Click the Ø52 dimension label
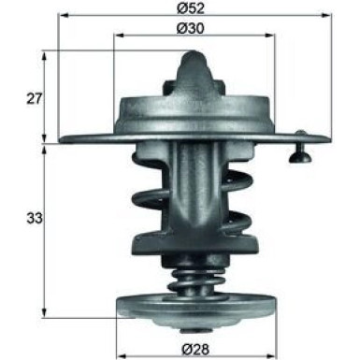click(x=193, y=7)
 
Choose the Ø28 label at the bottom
click(x=194, y=351)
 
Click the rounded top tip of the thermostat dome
click(x=194, y=58)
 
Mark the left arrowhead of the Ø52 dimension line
click(x=61, y=17)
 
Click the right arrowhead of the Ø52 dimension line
click(x=326, y=17)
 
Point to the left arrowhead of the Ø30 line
click(x=117, y=36)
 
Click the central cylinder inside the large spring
click(x=194, y=201)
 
